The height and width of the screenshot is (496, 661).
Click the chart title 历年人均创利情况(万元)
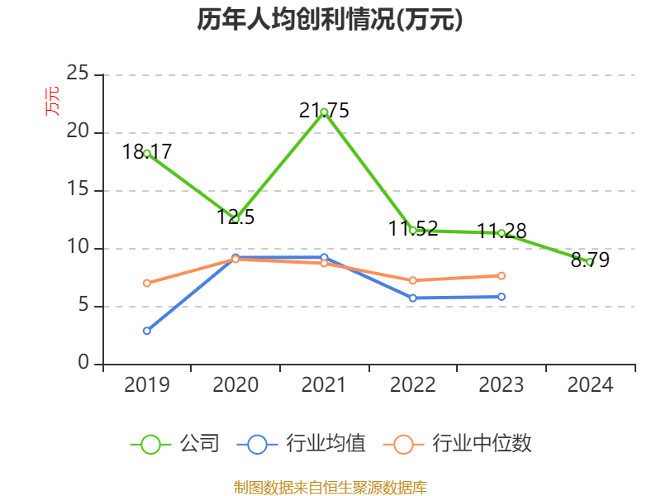[x=330, y=20]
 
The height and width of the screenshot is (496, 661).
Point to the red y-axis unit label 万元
[x=51, y=100]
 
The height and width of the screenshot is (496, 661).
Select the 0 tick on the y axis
[x=84, y=364]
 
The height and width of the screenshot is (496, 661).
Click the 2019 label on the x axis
[x=147, y=385]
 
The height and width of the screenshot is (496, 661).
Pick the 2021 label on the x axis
[x=324, y=385]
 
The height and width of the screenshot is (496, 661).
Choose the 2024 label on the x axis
[x=590, y=385]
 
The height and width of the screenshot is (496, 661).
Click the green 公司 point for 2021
[x=324, y=112]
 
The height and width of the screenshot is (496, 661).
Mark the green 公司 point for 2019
[x=147, y=153]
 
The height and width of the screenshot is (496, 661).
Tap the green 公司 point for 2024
[x=590, y=262]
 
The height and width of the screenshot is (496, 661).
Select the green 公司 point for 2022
[x=413, y=230]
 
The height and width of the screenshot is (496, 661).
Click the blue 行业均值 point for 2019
[x=147, y=331]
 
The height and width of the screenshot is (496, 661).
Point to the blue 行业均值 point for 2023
[x=502, y=297]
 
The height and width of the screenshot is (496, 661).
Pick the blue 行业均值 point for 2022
[x=413, y=298]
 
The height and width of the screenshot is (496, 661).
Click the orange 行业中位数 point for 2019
[x=147, y=283]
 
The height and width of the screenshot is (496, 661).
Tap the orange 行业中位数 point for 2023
[x=502, y=275]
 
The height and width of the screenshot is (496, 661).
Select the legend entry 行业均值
[x=302, y=444]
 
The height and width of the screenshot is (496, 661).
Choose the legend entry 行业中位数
[x=459, y=444]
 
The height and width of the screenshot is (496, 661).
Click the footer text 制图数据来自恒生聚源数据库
[x=330, y=487]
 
